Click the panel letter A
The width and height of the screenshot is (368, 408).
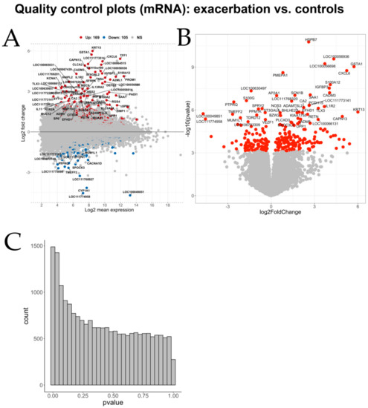tap(12, 39)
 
